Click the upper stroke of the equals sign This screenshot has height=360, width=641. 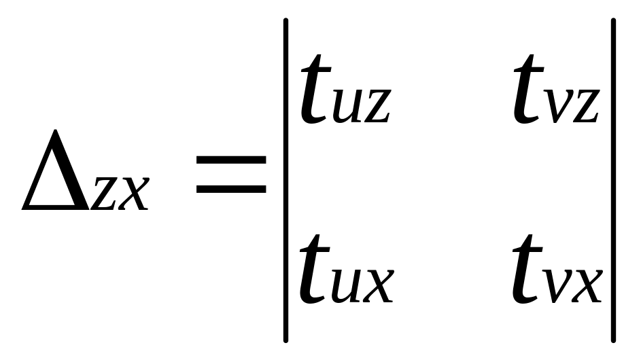coord(231,161)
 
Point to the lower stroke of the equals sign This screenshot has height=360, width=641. coord(231,187)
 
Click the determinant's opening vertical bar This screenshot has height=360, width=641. coord(286,180)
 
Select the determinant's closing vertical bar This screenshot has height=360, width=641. coord(613,180)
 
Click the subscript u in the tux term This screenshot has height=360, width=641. coord(348,285)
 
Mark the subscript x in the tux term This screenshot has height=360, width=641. coord(378,285)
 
